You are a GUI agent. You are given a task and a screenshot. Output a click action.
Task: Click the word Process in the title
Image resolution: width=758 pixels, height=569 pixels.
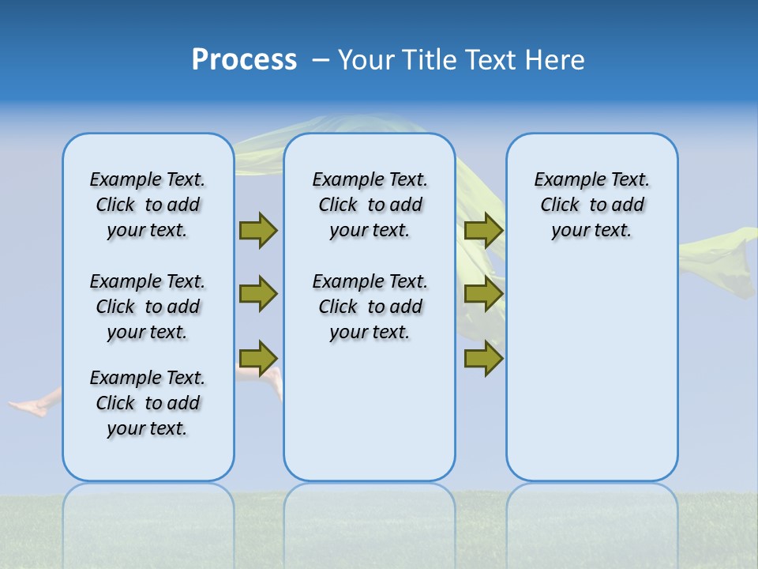point(244,60)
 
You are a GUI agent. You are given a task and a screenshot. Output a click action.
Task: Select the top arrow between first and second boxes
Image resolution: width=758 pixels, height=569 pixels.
point(258,230)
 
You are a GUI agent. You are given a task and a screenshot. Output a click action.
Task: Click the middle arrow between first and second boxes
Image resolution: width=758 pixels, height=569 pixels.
point(258,294)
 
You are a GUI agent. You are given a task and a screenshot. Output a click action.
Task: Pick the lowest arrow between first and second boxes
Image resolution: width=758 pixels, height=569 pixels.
point(258,358)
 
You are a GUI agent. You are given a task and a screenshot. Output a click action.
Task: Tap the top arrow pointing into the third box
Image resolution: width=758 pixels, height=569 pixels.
point(484,230)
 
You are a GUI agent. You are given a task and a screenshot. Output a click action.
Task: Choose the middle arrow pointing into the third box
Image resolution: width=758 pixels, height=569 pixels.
point(484,294)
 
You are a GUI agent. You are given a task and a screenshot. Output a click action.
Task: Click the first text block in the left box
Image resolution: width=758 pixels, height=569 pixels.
point(148,205)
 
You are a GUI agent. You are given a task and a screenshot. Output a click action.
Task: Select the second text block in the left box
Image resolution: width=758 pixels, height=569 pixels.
point(148,307)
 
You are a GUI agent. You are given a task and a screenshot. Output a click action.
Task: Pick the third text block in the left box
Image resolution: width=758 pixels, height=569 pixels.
point(148,403)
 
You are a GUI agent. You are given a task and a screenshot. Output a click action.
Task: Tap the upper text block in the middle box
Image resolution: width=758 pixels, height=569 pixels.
point(370,205)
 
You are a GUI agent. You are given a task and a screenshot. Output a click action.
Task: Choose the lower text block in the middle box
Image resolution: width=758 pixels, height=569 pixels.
point(370,307)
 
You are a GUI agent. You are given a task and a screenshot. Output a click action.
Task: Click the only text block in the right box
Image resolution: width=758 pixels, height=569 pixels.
point(591,205)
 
